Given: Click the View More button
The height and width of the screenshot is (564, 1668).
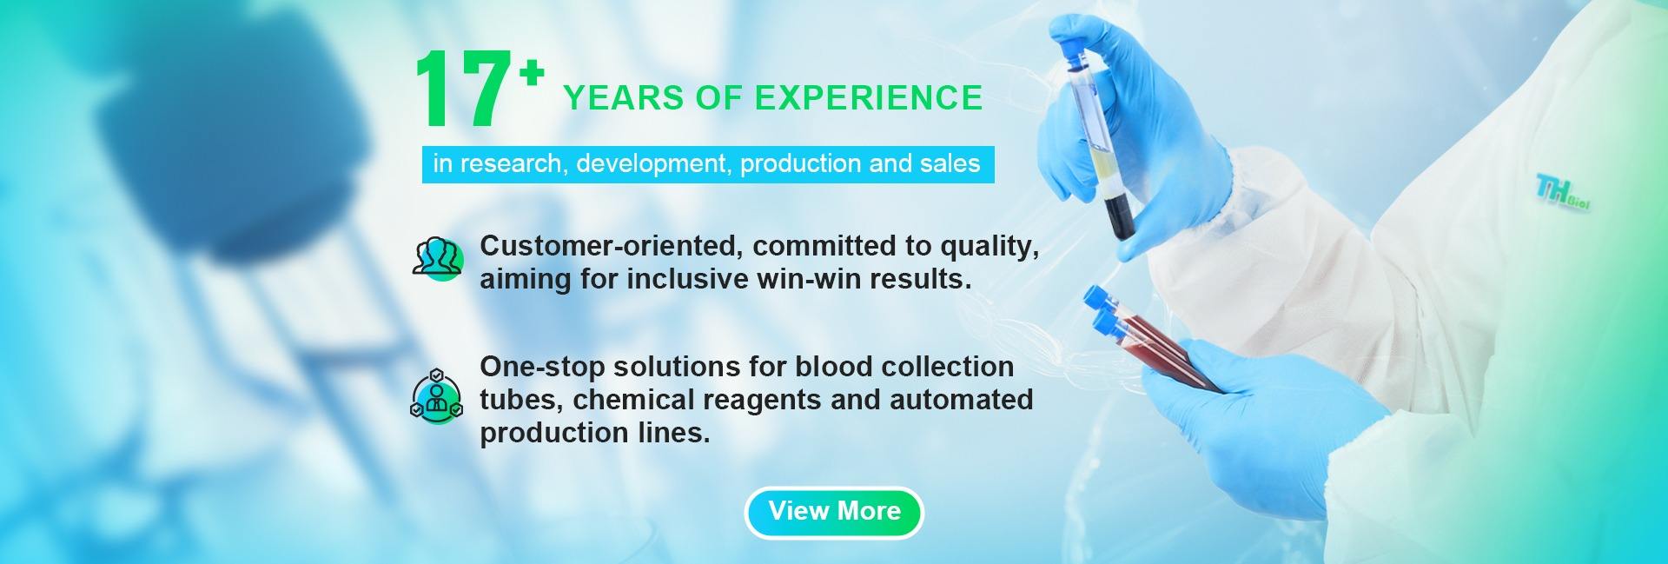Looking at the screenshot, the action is tap(834, 512).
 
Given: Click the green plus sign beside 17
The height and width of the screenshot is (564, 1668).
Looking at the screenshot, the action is tap(532, 76).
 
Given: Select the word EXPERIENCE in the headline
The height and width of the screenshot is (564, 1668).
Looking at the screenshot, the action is tap(870, 98).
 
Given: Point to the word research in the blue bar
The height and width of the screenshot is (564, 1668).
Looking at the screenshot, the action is tap(511, 163).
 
